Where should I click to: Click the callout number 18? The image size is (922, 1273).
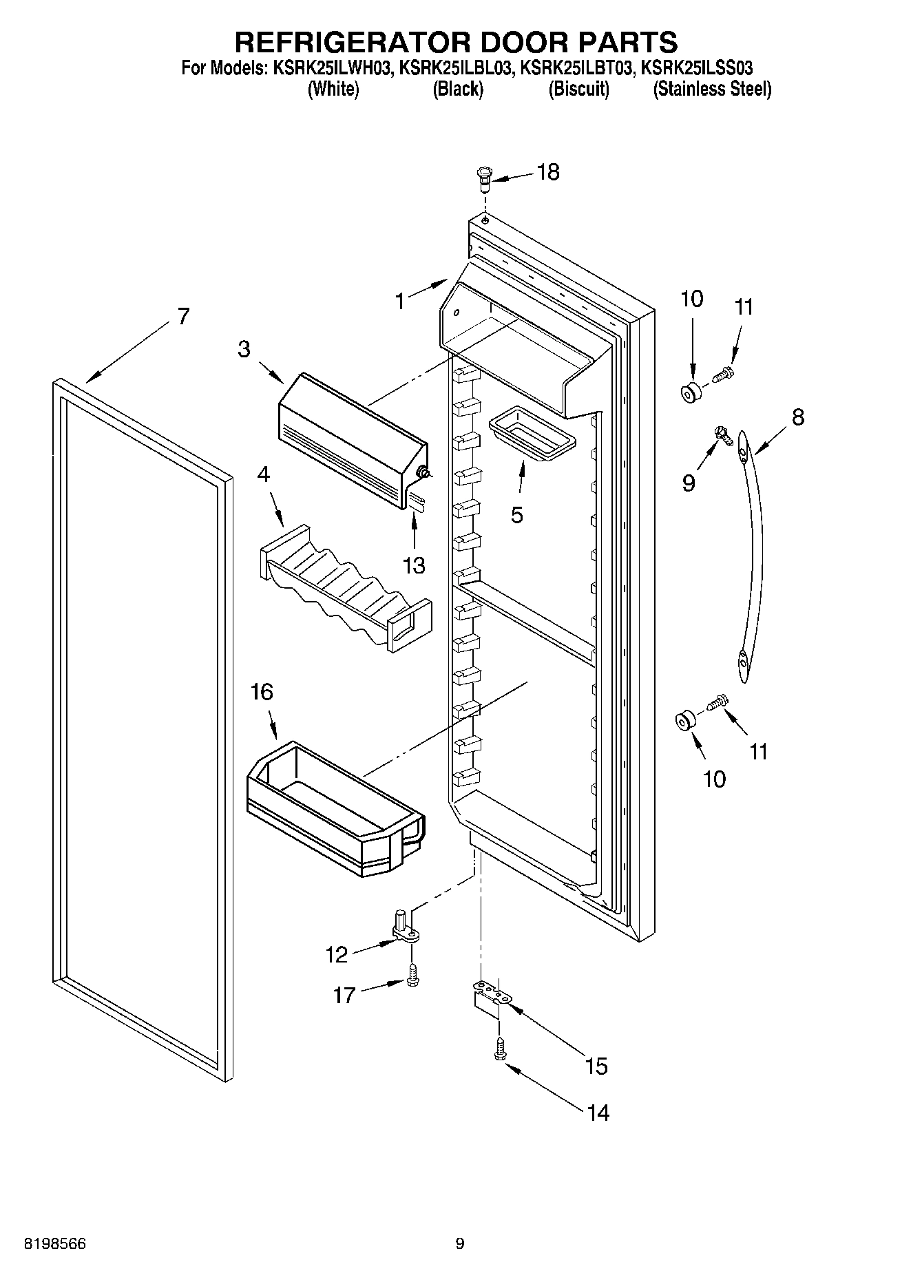[548, 172]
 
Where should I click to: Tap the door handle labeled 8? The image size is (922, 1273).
[755, 551]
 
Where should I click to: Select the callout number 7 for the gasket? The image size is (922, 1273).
[182, 317]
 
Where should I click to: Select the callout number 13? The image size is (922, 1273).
[414, 565]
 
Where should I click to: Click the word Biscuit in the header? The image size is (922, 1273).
[578, 89]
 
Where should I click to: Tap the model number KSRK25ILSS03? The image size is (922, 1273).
[696, 68]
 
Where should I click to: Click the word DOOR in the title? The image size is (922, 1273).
[525, 42]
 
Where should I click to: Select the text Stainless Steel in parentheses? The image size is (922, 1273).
[712, 89]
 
